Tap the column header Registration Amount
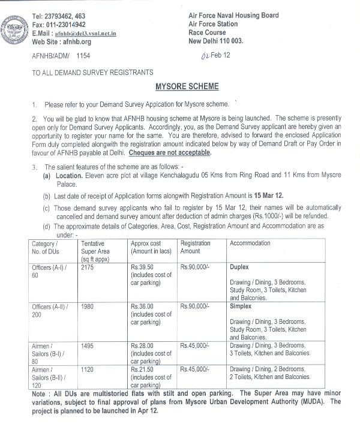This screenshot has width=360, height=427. click(196, 247)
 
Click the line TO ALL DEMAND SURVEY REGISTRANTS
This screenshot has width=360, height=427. click(86, 72)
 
